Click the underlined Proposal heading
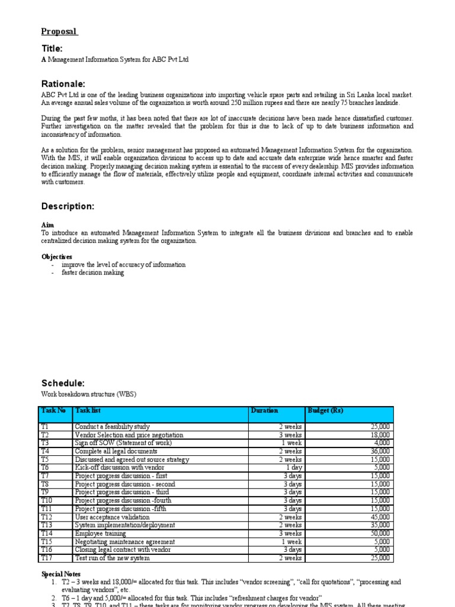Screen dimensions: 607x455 pos(59,31)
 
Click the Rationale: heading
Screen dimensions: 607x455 pos(63,84)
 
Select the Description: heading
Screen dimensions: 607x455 pos(68,206)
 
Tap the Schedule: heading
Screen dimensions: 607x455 pos(63,383)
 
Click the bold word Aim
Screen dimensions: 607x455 pos(47,225)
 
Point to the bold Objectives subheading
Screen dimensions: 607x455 pos(57,257)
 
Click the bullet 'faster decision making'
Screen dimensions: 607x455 pos(92,273)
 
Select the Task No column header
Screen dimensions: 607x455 pos(54,410)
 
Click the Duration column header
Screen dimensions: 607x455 pos(264,410)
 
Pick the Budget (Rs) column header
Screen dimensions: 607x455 pos(325,410)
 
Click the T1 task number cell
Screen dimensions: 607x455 pos(46,427)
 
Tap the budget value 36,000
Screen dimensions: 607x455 pos(379,451)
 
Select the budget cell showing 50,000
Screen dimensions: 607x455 pos(379,533)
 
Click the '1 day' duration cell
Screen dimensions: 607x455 pos(293,468)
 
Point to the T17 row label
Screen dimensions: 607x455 pos(47,558)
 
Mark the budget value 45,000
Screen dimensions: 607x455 pos(379,517)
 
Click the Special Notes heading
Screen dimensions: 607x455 pos(62,574)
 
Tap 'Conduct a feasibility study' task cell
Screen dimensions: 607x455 pos(113,427)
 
